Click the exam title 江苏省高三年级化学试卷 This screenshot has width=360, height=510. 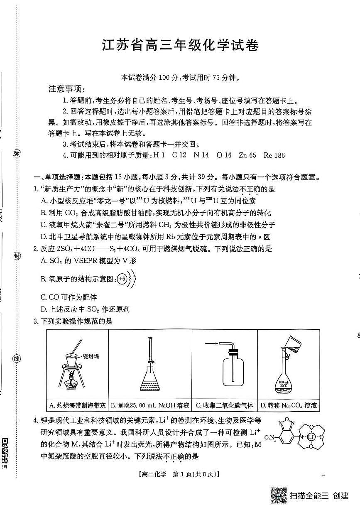click(x=181, y=45)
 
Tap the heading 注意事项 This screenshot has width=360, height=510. click(x=67, y=89)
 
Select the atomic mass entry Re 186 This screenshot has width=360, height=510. click(x=274, y=155)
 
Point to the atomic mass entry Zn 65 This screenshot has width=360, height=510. click(x=248, y=155)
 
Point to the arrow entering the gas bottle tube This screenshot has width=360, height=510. click(x=213, y=343)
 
